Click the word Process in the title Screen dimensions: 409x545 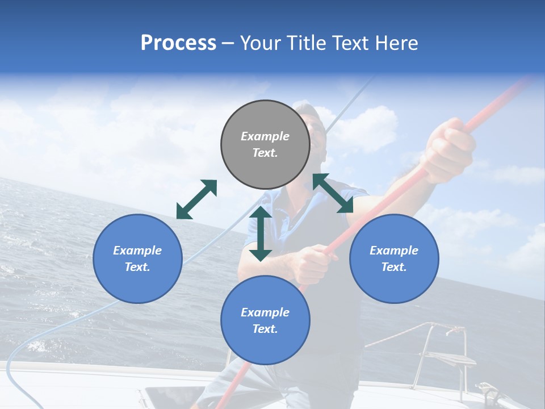pos(178,43)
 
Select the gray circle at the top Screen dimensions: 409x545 pos(265,145)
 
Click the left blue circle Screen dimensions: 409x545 pos(137,258)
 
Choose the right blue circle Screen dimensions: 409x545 pos(394,258)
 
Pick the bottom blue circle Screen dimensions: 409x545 pos(265,320)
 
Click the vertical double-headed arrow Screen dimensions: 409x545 pos(261,233)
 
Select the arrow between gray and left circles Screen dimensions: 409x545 pos(196,199)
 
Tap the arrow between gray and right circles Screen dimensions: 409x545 pos(333,194)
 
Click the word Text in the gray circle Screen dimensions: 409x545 pos(265,153)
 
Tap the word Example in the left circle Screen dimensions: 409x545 pos(137,251)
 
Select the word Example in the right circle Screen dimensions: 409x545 pos(394,251)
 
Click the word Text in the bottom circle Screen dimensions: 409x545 pos(265,329)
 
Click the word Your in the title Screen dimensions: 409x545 pos(260,43)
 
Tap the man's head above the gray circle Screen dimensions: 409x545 pos(309,116)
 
